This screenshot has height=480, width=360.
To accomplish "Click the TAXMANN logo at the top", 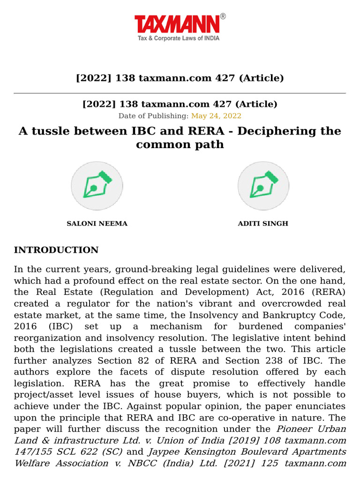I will [x=177, y=24].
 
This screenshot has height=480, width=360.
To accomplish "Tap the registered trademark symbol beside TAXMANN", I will [x=223, y=16].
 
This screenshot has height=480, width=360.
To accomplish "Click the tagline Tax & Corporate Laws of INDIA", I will [x=178, y=38].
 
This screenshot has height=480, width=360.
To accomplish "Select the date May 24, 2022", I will [x=216, y=115].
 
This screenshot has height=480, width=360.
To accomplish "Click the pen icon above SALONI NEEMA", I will [x=97, y=186].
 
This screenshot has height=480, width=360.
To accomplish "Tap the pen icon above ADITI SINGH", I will [x=263, y=186].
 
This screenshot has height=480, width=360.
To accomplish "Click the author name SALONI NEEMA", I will [x=97, y=224].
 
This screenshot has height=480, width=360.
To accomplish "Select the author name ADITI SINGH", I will [x=263, y=224].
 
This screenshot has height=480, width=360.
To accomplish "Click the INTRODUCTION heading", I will [x=56, y=250].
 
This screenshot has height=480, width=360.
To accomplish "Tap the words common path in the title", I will [x=180, y=144].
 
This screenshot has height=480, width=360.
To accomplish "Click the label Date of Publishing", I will [x=153, y=115].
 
